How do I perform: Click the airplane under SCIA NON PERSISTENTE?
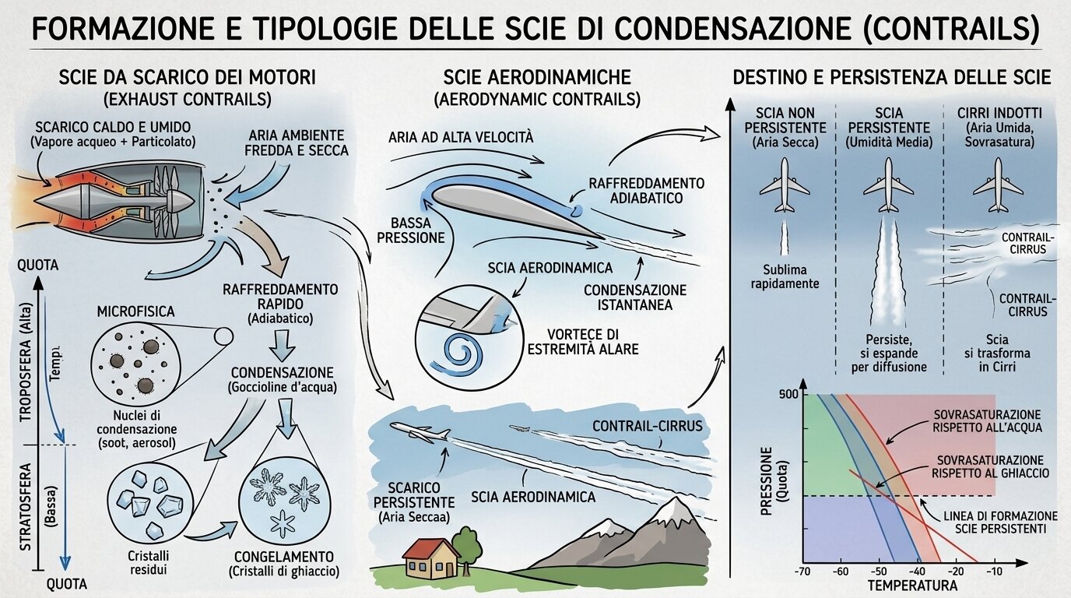pyautogui.click(x=784, y=185)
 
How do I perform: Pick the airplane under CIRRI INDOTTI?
pyautogui.click(x=998, y=185)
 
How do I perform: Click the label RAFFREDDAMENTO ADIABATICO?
pyautogui.click(x=647, y=191)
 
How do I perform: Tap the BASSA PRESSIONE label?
pyautogui.click(x=411, y=230)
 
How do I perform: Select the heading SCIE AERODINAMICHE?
pyautogui.click(x=537, y=77)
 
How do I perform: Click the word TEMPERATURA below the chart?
pyautogui.click(x=913, y=585)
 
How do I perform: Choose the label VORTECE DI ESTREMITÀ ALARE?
pyautogui.click(x=583, y=341)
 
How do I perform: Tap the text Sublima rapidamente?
pyautogui.click(x=785, y=276)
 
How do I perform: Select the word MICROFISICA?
pyautogui.click(x=135, y=312)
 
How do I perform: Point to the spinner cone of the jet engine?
pyautogui.click(x=181, y=202)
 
